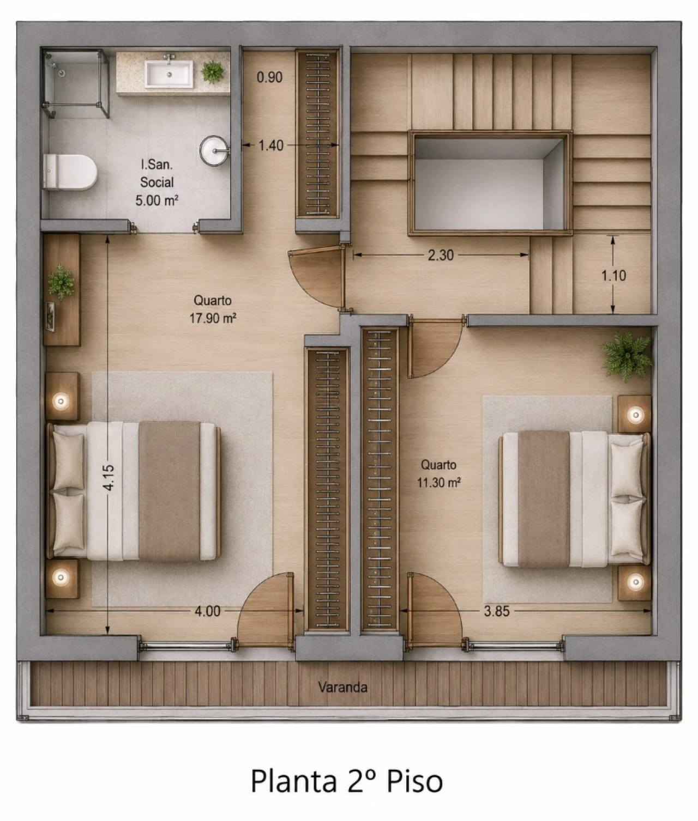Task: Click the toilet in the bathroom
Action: (70, 172)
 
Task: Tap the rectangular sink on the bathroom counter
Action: (169, 73)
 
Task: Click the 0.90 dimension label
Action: (269, 77)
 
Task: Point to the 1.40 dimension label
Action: (271, 145)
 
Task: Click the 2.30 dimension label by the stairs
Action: (441, 255)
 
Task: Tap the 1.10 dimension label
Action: (613, 275)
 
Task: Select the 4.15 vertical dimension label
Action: (108, 478)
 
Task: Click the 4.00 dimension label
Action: (207, 611)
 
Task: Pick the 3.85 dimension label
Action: (496, 611)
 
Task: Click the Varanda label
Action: (342, 687)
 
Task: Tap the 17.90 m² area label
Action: (213, 318)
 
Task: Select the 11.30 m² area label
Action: (439, 483)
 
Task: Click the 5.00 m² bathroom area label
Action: (157, 200)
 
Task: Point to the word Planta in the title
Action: (293, 781)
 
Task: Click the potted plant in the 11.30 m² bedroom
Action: (627, 356)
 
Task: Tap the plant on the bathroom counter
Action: (213, 72)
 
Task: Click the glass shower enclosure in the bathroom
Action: (75, 83)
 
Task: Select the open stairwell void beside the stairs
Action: (490, 183)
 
